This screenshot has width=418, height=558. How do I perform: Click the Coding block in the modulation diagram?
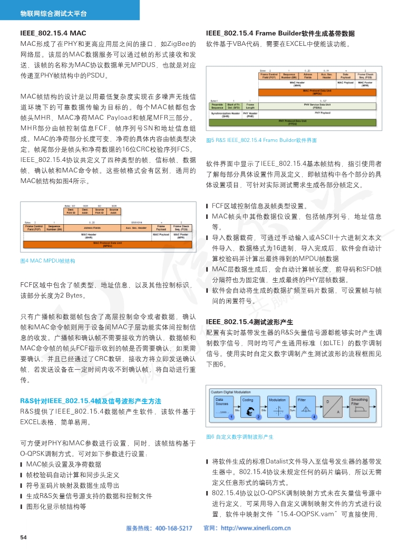(x=248, y=408)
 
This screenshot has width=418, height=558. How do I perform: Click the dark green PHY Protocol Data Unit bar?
(x=292, y=123)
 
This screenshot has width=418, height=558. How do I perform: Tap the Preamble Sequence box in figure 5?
(x=217, y=106)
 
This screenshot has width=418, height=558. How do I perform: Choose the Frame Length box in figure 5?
(x=250, y=106)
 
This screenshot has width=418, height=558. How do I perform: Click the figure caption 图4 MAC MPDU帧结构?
(x=47, y=261)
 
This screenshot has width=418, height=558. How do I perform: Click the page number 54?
(x=23, y=537)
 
